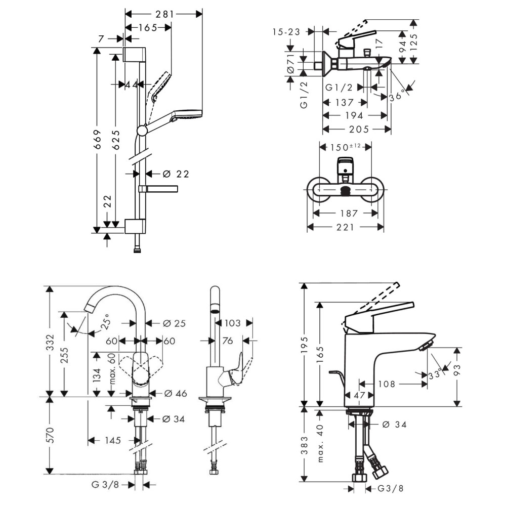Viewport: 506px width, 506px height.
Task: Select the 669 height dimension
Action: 98,141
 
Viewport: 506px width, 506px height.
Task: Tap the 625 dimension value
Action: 116,137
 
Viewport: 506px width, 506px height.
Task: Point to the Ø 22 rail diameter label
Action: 176,174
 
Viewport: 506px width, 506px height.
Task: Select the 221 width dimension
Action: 346,228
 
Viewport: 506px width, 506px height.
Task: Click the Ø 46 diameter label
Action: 175,393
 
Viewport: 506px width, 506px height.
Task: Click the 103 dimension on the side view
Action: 232,322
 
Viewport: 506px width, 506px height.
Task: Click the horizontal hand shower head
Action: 187,115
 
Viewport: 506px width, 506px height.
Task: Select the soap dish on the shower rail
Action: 158,189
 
